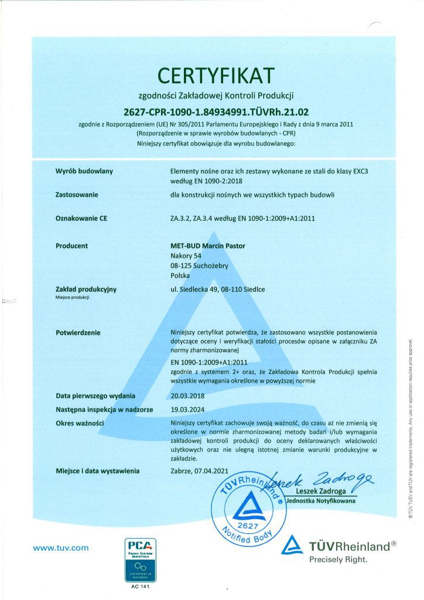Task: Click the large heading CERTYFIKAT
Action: tap(216, 75)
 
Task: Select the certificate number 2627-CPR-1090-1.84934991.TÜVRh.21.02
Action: tap(216, 111)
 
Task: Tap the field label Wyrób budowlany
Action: tap(84, 171)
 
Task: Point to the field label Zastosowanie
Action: tap(77, 195)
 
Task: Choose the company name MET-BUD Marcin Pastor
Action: tap(203, 246)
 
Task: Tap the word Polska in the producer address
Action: tap(180, 275)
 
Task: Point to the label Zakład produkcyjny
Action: tap(86, 289)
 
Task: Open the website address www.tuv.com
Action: tap(61, 548)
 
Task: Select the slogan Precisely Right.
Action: tap(338, 560)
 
